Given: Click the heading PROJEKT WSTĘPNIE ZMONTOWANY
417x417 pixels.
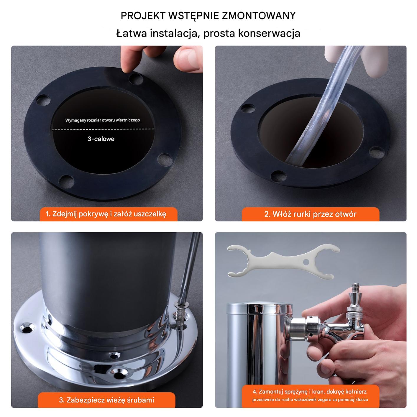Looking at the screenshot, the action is pos(208,16).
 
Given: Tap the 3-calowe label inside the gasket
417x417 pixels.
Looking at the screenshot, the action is pos(101,139).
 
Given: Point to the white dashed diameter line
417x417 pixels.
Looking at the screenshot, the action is pos(103,129).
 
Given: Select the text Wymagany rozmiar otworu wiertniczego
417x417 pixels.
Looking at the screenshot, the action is pos(103,120).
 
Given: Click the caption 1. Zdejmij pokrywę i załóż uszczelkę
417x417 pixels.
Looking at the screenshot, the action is pos(106,214).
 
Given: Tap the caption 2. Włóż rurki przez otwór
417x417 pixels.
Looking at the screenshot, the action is pos(310,214).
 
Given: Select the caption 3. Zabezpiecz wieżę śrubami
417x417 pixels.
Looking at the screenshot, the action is pos(106,400).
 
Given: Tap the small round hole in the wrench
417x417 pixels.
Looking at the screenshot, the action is pos(306,262).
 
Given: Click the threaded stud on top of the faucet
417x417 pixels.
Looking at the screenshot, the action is pos(356,288).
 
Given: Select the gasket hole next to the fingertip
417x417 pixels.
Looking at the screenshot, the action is pos(136,79).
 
